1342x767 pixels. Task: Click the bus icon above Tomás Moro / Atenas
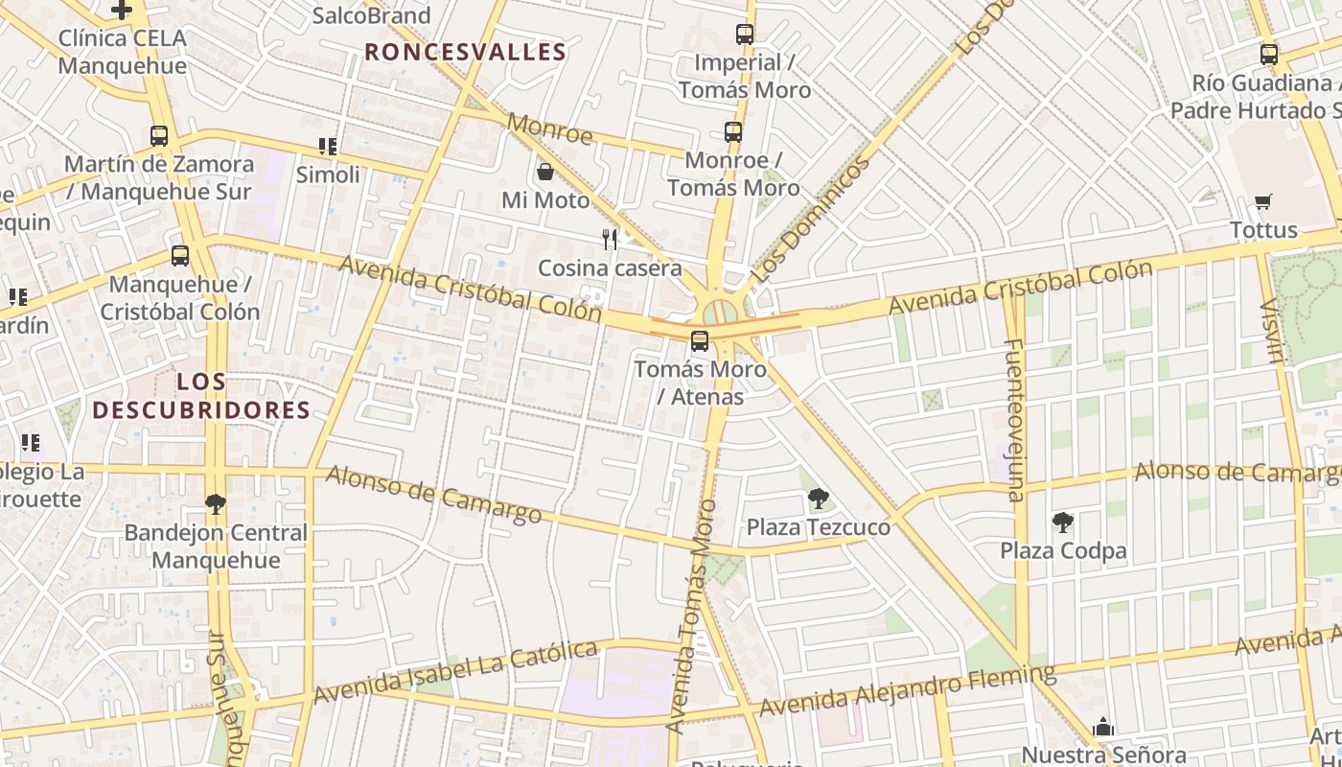tap(700, 340)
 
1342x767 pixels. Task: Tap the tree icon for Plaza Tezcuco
tap(818, 498)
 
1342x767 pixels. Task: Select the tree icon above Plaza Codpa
tap(1062, 522)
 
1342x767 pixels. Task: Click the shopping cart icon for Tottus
tap(1263, 201)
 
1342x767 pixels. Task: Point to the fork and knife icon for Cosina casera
tap(610, 239)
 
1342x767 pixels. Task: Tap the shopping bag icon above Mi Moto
tap(545, 172)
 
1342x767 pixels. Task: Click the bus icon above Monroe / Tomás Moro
tap(733, 132)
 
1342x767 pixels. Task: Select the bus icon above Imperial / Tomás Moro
tap(745, 35)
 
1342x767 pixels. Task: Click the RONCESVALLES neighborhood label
tap(465, 52)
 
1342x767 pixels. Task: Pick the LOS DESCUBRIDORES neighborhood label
tap(201, 396)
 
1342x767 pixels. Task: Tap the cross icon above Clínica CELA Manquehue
tap(122, 10)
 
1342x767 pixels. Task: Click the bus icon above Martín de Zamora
tap(159, 136)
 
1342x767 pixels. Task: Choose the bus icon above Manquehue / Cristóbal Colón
tap(180, 256)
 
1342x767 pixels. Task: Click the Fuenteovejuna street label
tap(1014, 419)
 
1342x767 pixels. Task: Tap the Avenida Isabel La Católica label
tap(455, 671)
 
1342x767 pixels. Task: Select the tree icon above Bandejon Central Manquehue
tap(216, 504)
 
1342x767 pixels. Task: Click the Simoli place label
tap(328, 174)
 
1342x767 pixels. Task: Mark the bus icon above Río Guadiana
tap(1269, 55)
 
